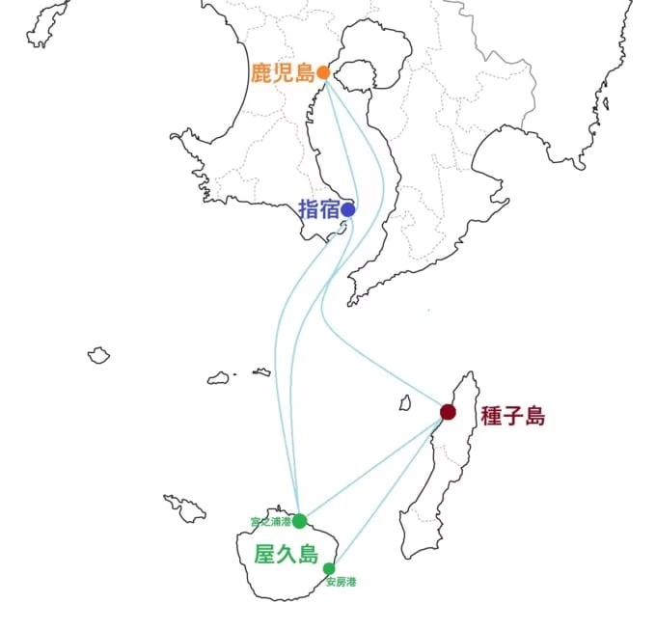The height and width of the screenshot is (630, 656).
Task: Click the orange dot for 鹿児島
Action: [x=323, y=72]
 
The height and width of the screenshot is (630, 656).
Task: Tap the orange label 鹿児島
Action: [x=283, y=72]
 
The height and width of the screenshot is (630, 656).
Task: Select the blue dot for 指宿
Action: [x=347, y=209]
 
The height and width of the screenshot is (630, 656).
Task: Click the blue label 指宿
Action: [x=318, y=209]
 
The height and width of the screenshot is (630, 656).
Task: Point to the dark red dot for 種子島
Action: [x=448, y=412]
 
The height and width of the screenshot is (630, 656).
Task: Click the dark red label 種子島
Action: [x=513, y=416]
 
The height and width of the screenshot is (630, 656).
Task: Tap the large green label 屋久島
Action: [x=287, y=555]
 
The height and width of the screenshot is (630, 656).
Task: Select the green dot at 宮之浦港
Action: [x=300, y=521]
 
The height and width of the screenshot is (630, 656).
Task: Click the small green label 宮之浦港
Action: [x=271, y=522]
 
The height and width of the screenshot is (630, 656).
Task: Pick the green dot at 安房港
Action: [x=329, y=569]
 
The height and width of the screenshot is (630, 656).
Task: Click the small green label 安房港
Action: [x=341, y=582]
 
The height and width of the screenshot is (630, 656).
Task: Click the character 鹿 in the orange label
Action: [x=261, y=72]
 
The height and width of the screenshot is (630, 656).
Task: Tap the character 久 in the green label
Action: [x=287, y=555]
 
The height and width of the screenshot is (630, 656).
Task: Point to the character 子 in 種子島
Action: [x=513, y=416]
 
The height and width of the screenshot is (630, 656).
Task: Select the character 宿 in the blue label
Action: [x=329, y=209]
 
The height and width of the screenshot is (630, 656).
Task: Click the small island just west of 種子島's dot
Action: [x=404, y=403]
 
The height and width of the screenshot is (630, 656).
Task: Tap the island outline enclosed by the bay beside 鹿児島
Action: [x=354, y=75]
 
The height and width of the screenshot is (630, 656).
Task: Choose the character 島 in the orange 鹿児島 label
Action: [x=305, y=72]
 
